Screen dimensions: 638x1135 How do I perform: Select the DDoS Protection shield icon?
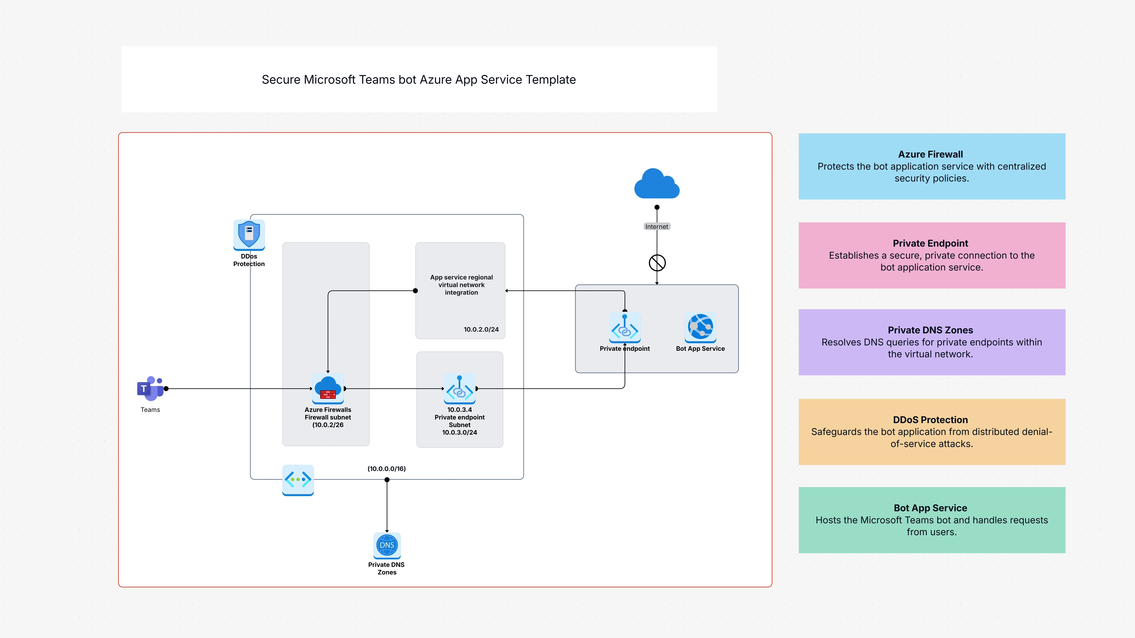(249, 234)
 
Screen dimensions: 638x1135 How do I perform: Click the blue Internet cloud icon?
(657, 184)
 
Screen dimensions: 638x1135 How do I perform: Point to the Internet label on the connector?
(657, 226)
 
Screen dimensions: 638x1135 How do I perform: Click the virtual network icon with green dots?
(298, 479)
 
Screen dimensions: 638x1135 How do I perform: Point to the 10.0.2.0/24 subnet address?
(481, 329)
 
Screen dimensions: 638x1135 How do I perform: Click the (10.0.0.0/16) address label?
(386, 468)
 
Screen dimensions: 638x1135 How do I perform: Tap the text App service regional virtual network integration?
(461, 285)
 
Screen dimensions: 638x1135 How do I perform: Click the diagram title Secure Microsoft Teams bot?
(419, 80)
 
